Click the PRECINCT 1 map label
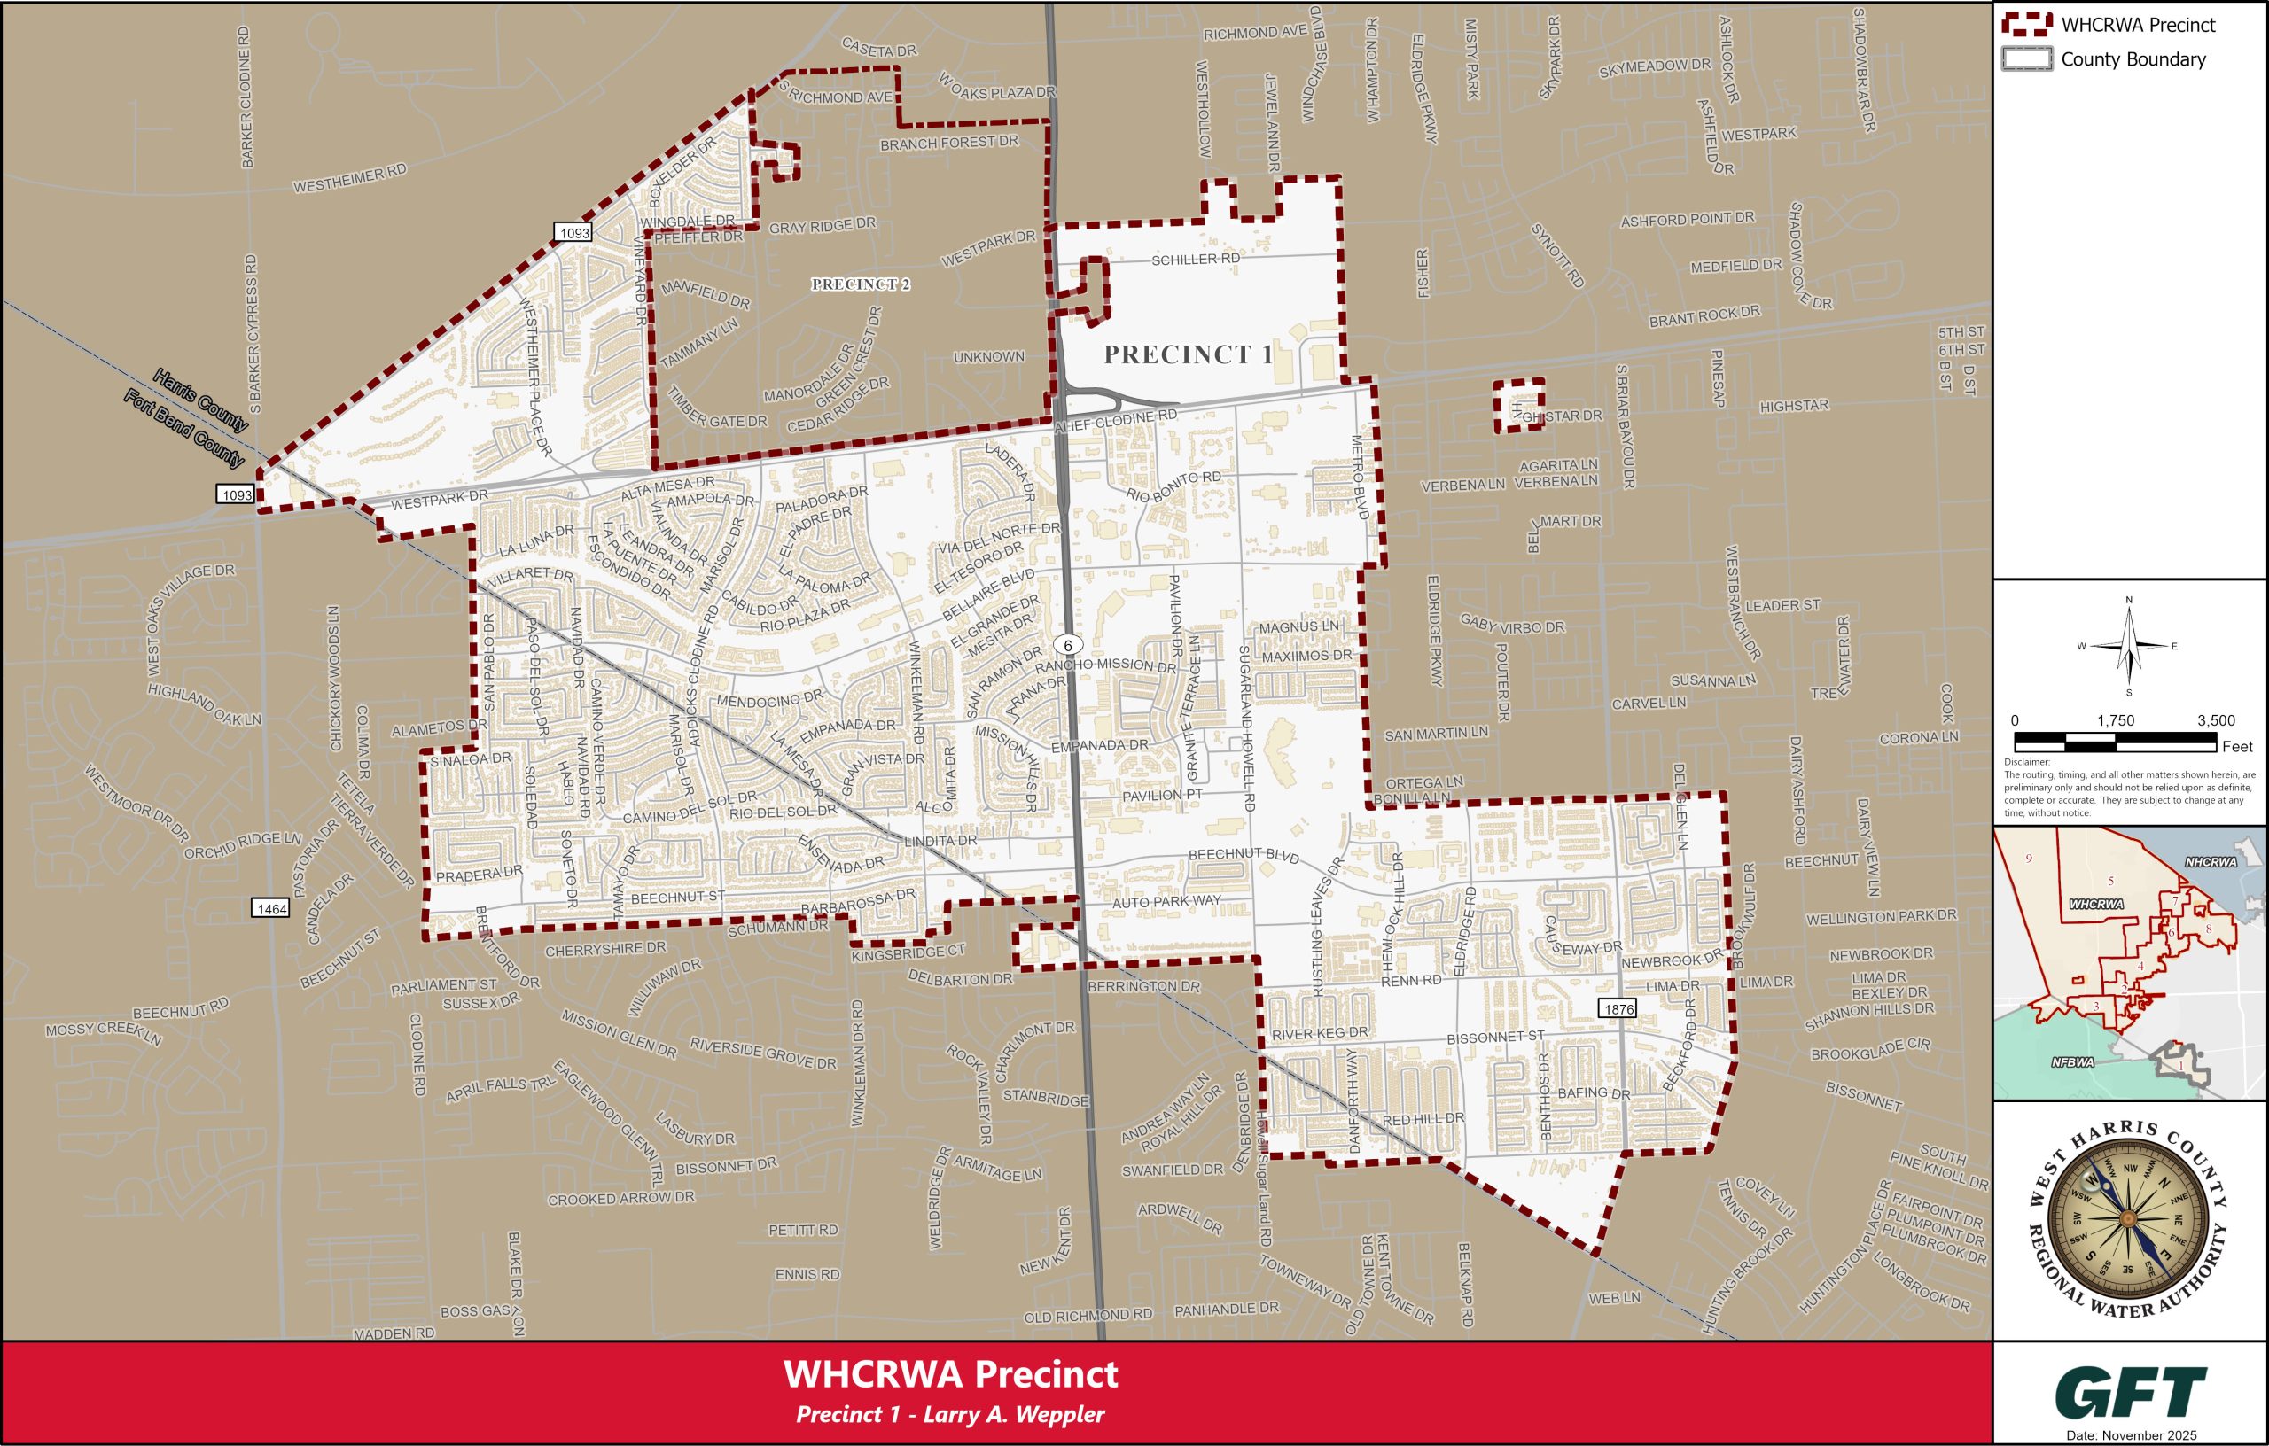point(1189,354)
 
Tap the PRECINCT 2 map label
point(861,284)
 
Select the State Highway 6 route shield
point(1068,645)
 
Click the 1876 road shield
point(1618,1009)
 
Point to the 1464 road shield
point(270,908)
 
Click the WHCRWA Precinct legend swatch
point(2026,26)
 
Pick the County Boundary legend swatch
point(2026,59)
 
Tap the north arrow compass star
point(2129,646)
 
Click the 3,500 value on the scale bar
point(2215,720)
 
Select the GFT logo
point(2131,1391)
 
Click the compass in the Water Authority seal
point(2129,1218)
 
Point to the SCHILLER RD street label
point(1195,258)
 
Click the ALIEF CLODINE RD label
point(1116,421)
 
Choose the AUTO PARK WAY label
point(1166,901)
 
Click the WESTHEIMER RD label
point(349,178)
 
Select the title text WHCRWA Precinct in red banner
point(950,1374)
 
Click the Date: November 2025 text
point(2130,1435)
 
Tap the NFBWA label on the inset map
point(2072,1062)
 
